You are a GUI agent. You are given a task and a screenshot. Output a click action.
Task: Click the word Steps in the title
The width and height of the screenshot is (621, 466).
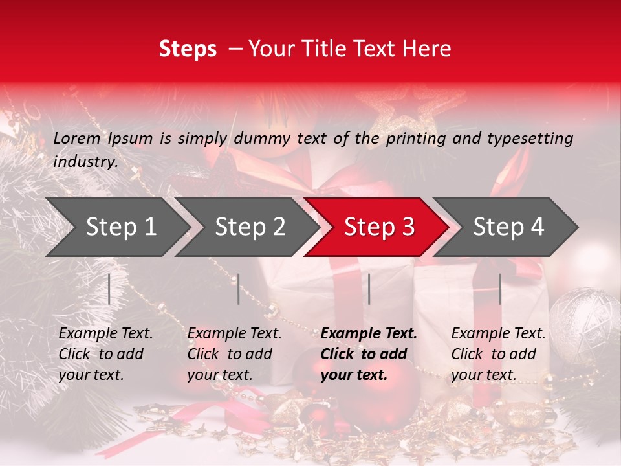pos(188,49)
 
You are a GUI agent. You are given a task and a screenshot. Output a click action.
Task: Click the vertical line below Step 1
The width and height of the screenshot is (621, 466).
pos(109,289)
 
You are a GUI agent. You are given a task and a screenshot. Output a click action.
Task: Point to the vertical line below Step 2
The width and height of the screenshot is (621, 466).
pos(239,289)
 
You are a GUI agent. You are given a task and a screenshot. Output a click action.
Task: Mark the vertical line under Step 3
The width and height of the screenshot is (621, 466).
pos(369,289)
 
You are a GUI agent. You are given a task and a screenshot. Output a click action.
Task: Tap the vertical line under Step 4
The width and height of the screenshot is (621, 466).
pos(499,289)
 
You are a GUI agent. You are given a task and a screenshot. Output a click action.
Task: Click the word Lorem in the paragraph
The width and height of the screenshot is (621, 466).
pos(77,138)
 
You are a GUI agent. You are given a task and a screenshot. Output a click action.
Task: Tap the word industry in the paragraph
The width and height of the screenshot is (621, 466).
pos(85,161)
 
